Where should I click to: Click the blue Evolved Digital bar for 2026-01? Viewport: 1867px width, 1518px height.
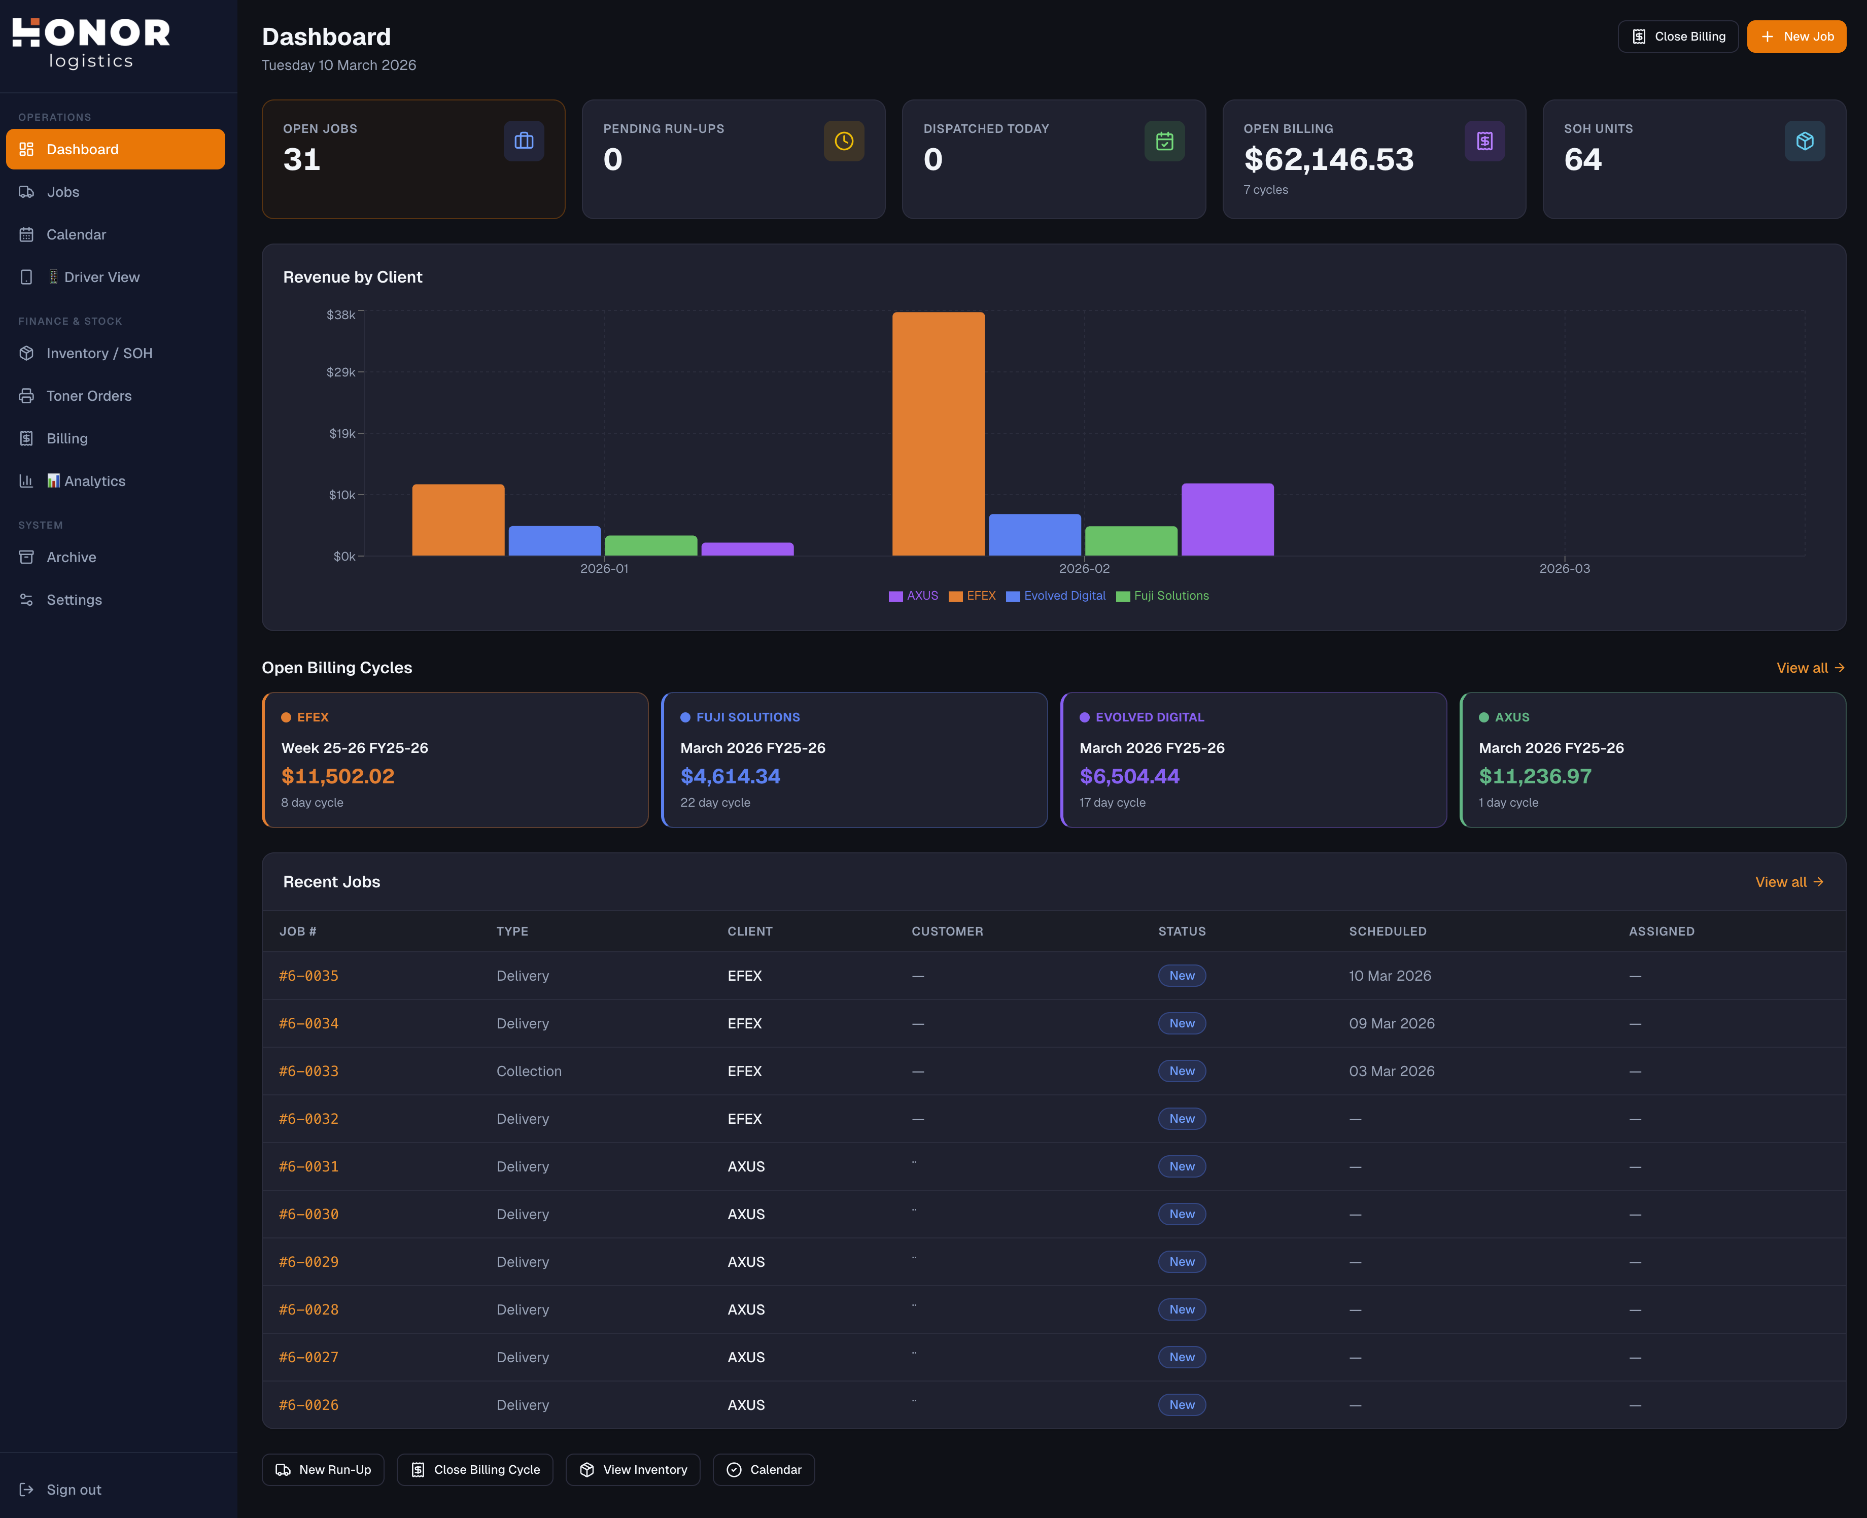(555, 540)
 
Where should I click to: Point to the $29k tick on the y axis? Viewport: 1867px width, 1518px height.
(341, 372)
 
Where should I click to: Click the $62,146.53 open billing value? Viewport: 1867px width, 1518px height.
(1328, 160)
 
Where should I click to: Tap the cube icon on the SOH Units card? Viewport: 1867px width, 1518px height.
(1804, 141)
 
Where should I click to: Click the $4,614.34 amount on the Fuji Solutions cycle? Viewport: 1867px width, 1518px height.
(730, 776)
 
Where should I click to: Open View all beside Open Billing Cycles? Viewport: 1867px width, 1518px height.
(1809, 668)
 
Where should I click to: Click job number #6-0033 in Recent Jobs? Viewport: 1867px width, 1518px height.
(308, 1071)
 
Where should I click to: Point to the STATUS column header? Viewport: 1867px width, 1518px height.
(1182, 932)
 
